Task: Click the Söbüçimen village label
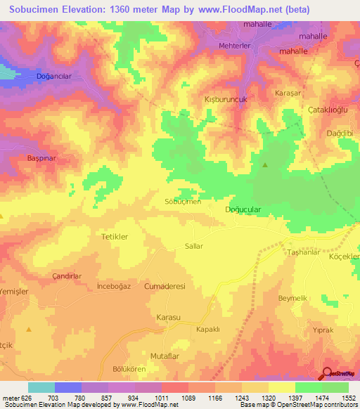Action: point(183,202)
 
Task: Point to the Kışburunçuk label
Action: point(225,99)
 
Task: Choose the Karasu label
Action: point(169,318)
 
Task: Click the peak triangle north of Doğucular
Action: point(265,165)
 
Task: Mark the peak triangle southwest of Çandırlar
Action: point(29,328)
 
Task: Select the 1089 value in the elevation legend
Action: point(187,398)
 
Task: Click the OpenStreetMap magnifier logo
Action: point(327,374)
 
